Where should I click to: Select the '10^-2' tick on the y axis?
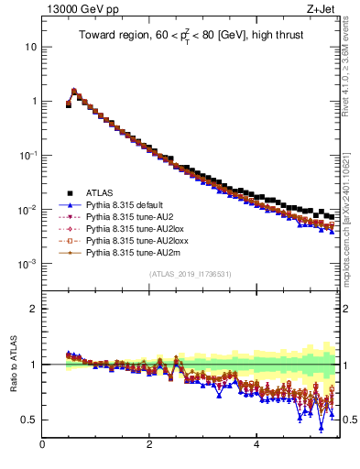pos(28,210)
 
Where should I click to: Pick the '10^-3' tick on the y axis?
pos(28,264)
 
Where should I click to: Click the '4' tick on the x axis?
pos(256,446)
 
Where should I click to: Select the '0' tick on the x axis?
pos(42,446)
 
